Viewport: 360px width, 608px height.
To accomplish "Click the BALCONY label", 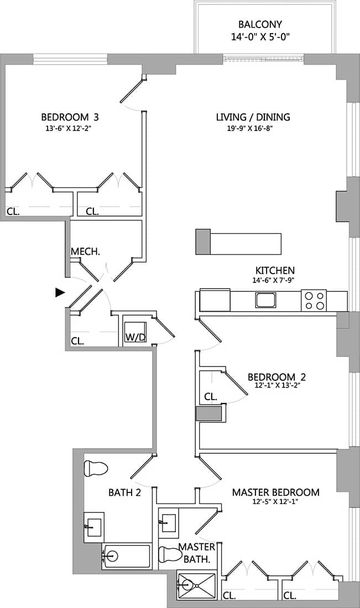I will pos(260,24).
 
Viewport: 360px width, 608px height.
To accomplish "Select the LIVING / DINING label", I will pos(253,117).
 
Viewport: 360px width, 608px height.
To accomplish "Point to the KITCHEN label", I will pos(274,270).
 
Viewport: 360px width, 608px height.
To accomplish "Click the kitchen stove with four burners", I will pos(314,301).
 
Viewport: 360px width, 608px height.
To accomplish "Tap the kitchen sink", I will pos(265,300).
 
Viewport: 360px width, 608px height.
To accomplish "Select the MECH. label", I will pos(85,252).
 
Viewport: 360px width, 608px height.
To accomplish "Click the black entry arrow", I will pos(60,293).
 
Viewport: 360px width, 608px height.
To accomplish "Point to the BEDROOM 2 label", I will pos(276,378).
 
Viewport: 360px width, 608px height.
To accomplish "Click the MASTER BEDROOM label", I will pos(275,492).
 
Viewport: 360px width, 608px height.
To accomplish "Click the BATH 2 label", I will pos(124,492).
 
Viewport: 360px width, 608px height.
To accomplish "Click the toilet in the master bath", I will pos(168,554).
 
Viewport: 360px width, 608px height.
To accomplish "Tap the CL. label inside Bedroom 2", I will pos(210,397).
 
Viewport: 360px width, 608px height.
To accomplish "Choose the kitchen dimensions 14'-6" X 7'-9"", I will pos(274,280).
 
